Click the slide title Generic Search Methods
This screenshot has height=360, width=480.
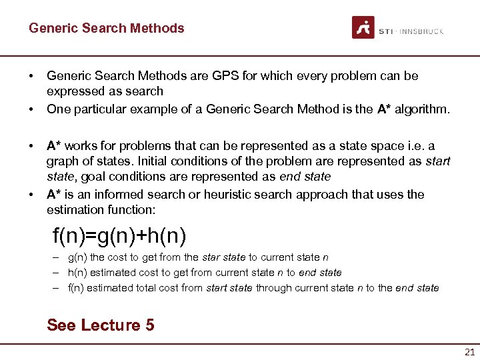(x=106, y=28)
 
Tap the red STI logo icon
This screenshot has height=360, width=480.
(x=363, y=27)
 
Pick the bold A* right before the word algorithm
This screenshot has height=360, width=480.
(x=384, y=109)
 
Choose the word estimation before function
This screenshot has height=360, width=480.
(x=75, y=211)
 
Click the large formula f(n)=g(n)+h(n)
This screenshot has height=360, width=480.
(x=119, y=235)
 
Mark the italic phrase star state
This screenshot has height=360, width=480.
(x=224, y=257)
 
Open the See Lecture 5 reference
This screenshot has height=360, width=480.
(x=100, y=325)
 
